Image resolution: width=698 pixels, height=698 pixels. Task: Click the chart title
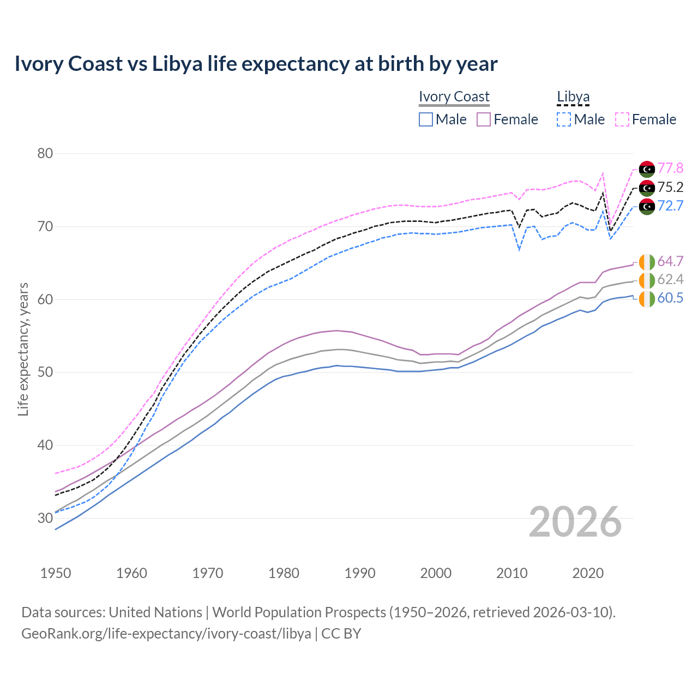point(256,64)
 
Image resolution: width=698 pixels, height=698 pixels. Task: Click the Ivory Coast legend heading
point(454,97)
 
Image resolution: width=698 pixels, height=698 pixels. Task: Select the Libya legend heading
point(573,97)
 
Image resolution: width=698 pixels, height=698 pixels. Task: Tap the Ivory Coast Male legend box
point(426,119)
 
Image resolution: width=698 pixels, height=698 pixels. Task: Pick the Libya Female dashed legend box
point(622,119)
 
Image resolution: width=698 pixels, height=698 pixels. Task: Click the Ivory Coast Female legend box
point(484,119)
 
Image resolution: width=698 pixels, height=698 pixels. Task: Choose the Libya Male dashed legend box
point(564,119)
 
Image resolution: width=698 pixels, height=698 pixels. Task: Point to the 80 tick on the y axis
point(45,153)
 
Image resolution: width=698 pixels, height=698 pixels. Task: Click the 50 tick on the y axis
point(45,372)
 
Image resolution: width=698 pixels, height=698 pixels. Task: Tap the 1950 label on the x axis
point(56,573)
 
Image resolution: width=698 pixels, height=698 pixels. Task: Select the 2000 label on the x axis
point(436,573)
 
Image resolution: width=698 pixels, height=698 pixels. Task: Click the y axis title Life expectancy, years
point(23,349)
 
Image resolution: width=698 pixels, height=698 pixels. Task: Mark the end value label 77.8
point(670,168)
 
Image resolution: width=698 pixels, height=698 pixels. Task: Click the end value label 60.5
point(670,298)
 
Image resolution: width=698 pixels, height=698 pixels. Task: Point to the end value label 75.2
point(670,187)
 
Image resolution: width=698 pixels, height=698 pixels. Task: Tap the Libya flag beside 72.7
point(647,206)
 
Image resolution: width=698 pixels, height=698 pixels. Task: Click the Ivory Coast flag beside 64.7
point(647,262)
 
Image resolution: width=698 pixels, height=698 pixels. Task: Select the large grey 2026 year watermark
point(575,522)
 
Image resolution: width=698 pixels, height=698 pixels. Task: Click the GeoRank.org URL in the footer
point(166,634)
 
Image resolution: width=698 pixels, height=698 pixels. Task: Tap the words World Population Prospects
point(299,612)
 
